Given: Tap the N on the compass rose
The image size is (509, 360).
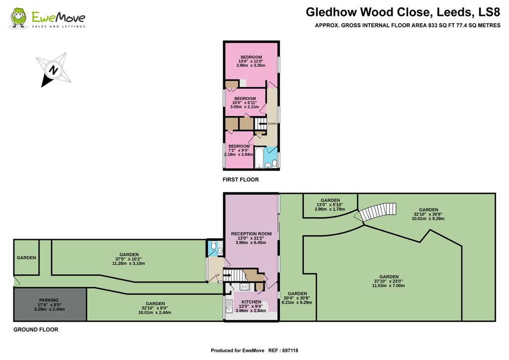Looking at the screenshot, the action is click(x=53, y=70).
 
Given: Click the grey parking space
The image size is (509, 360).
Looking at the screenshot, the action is click(x=50, y=304).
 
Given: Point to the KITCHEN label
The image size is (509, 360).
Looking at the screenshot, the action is click(x=248, y=302).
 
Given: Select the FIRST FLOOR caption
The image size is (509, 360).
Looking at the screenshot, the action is click(x=241, y=180).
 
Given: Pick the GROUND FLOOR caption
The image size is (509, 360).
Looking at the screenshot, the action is click(x=36, y=330).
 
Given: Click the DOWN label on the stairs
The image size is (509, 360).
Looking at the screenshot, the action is click(x=272, y=124).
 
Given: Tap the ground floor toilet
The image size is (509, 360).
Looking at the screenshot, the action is click(x=213, y=246).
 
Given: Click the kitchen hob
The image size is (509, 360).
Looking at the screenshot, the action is click(x=244, y=287).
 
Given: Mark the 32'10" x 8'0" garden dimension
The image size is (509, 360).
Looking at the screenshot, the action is click(x=155, y=308).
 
